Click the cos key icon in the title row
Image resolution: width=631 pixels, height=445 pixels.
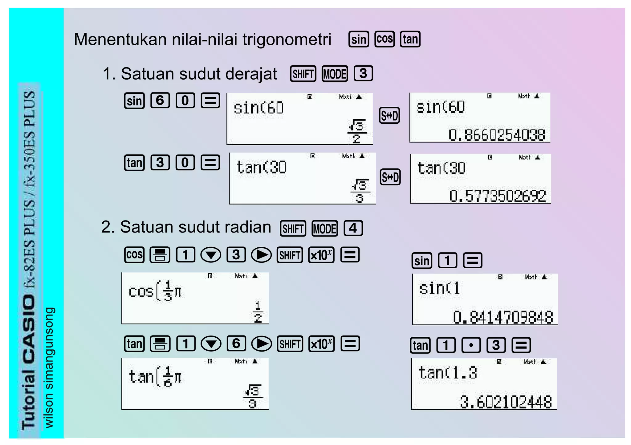click(x=385, y=39)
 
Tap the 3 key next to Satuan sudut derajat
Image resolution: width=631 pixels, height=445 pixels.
click(x=363, y=74)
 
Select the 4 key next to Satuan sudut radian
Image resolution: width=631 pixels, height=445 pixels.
click(x=353, y=229)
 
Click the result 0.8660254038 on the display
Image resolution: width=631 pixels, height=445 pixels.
click(x=497, y=135)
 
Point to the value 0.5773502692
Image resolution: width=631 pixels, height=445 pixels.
click(x=497, y=196)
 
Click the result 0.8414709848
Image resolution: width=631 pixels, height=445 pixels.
click(x=503, y=317)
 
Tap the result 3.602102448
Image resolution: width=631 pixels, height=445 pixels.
click(x=506, y=402)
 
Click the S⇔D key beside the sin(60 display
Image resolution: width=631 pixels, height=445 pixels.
click(x=389, y=116)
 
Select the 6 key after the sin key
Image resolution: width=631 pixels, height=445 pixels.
click(x=160, y=101)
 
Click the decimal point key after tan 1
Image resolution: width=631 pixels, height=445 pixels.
click(x=471, y=345)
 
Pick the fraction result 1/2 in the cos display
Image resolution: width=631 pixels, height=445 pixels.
click(x=258, y=312)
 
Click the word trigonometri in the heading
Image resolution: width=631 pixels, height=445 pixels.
click(x=287, y=39)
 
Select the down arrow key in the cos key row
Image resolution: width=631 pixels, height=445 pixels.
click(x=211, y=255)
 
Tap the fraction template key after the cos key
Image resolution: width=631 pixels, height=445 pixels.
click(x=160, y=255)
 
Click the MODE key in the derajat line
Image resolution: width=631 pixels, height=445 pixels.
click(x=335, y=74)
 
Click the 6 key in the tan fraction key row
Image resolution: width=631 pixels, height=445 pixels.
click(x=236, y=344)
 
